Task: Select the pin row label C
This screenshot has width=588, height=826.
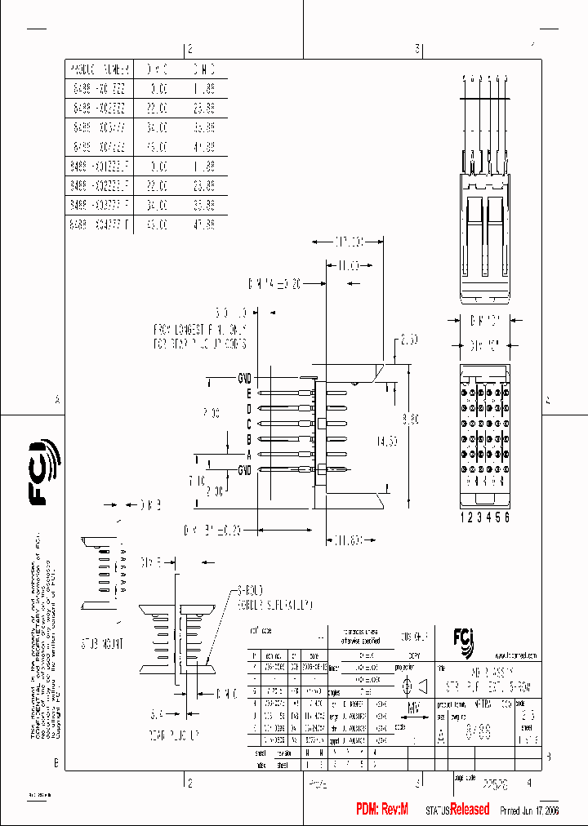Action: pos(247,424)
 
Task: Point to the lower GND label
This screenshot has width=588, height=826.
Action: pos(243,469)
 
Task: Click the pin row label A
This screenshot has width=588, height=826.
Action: pos(247,454)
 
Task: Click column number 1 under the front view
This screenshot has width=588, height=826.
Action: pos(462,517)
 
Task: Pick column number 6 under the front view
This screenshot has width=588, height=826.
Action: pos(507,517)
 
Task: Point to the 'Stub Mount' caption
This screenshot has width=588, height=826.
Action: pos(102,644)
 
